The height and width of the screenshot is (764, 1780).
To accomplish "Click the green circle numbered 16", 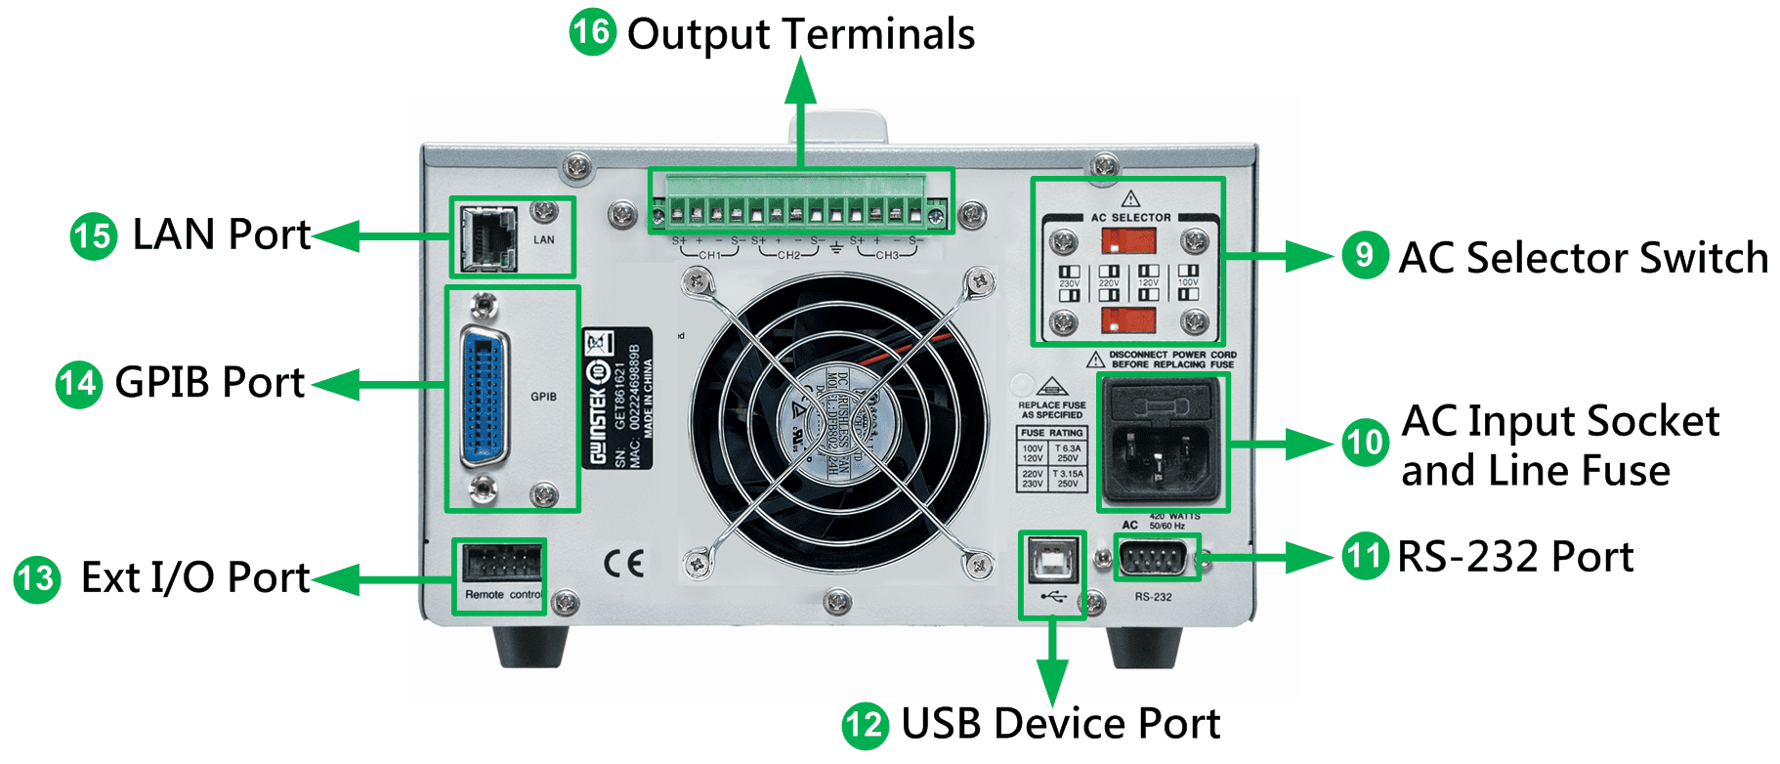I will [592, 32].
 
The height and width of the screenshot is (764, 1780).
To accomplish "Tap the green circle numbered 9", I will [1365, 255].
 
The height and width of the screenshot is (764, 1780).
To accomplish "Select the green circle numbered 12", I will [865, 725].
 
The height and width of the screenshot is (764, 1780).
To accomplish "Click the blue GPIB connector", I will [485, 396].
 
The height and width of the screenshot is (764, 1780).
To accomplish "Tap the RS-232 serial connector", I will [1156, 559].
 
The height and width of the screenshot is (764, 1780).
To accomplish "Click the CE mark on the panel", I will [623, 564].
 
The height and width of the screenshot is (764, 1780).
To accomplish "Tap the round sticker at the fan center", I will [837, 423].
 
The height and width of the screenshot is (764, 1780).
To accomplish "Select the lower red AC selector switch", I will [1128, 319].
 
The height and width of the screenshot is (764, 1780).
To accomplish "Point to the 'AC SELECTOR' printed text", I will [1130, 218].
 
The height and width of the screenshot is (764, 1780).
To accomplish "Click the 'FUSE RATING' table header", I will [1051, 433].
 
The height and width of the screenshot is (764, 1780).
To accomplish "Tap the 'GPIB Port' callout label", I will [209, 382].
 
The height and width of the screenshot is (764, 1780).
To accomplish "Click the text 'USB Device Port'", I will [1060, 724].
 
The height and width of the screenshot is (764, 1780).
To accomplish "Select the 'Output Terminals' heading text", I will [800, 34].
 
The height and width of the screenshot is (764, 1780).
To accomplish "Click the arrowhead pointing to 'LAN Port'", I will [333, 235].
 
